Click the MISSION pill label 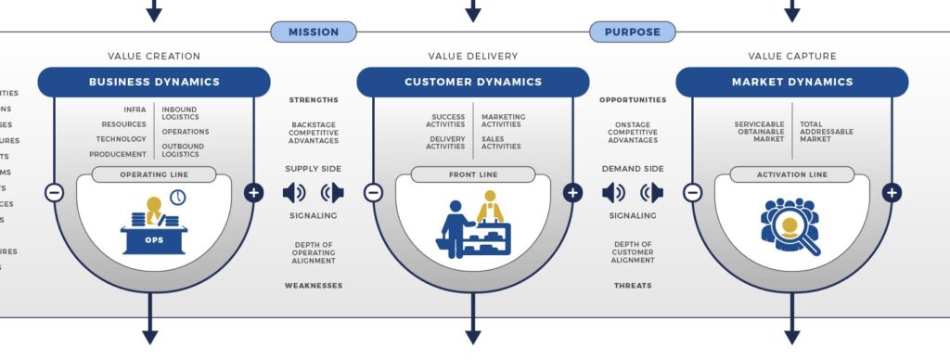pyautogui.click(x=313, y=32)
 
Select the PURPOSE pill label pyautogui.click(x=632, y=32)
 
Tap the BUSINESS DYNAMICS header pyautogui.click(x=154, y=82)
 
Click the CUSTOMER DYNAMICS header pyautogui.click(x=472, y=82)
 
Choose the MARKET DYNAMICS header pyautogui.click(x=791, y=82)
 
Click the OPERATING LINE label pyautogui.click(x=154, y=174)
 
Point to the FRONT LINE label pyautogui.click(x=472, y=174)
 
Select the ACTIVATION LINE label pyautogui.click(x=791, y=174)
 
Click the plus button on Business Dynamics pyautogui.click(x=253, y=193)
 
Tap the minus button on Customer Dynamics pyautogui.click(x=373, y=193)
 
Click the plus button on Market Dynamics pyautogui.click(x=892, y=193)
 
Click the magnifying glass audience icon pyautogui.click(x=790, y=226)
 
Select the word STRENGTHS pyautogui.click(x=313, y=100)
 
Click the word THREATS pyautogui.click(x=632, y=286)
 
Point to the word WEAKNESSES pyautogui.click(x=313, y=286)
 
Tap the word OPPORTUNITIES pyautogui.click(x=632, y=100)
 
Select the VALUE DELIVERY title pyautogui.click(x=472, y=57)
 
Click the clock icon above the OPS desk pyautogui.click(x=177, y=198)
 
